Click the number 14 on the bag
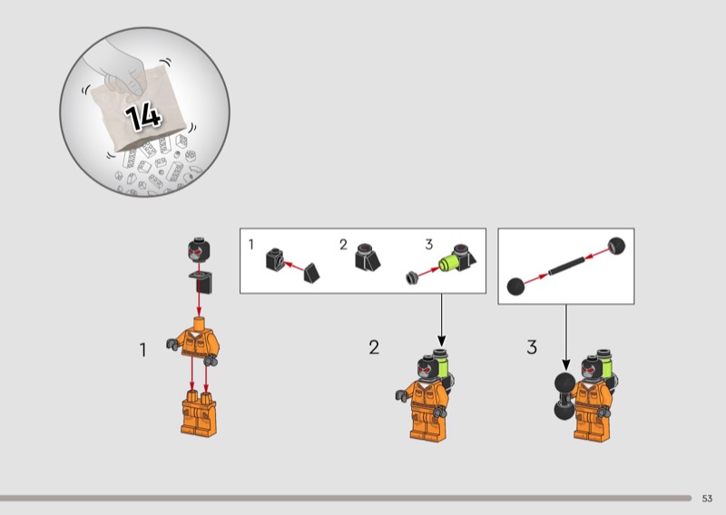point(143,117)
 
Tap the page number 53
point(707,499)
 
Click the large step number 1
point(143,350)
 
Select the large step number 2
point(374,347)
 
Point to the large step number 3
point(532,347)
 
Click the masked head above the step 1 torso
point(199,249)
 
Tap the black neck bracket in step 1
point(201,282)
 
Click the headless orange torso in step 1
point(193,340)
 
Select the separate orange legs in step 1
point(199,413)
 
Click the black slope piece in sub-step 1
point(311,273)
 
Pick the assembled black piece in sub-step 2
point(368,257)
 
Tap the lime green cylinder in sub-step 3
point(447,263)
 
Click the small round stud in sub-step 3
point(412,278)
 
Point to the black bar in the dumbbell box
point(566,266)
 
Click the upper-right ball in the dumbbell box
point(616,246)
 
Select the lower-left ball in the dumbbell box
point(515,287)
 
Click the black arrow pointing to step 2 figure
point(441,320)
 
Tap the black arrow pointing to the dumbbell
point(565,337)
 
